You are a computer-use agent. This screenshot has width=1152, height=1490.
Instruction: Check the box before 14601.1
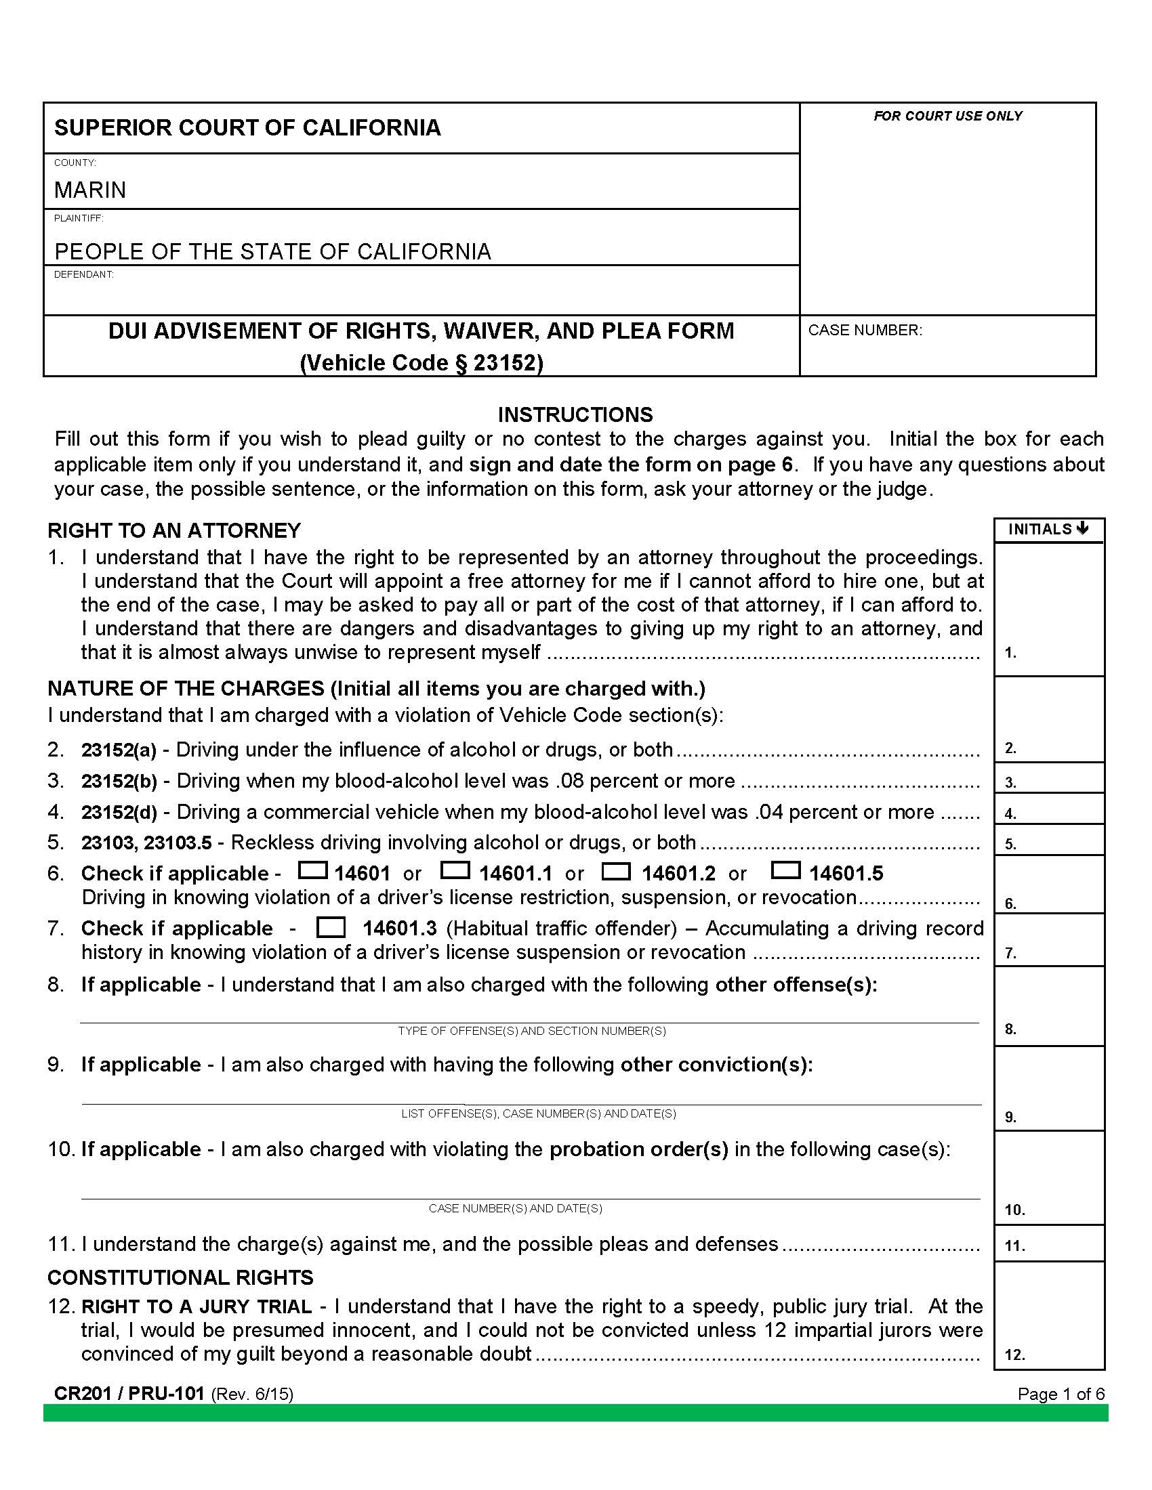click(x=455, y=870)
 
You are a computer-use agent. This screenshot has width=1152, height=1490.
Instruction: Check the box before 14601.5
click(x=785, y=870)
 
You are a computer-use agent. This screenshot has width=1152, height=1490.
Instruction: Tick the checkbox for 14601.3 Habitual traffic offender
click(x=331, y=928)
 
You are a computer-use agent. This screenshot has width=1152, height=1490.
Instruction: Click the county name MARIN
click(x=90, y=190)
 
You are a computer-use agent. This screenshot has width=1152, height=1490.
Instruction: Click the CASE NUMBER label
click(x=865, y=331)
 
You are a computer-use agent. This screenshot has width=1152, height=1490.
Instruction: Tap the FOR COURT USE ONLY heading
click(x=947, y=116)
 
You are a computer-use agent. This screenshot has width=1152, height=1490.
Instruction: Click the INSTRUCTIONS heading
click(x=575, y=414)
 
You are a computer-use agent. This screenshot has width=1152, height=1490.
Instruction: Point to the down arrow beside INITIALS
click(x=1082, y=529)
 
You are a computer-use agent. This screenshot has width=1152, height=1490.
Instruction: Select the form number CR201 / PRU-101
click(x=129, y=1393)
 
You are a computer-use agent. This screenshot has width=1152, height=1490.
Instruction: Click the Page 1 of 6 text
click(x=1061, y=1394)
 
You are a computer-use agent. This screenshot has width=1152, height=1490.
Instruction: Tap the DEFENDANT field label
click(x=84, y=274)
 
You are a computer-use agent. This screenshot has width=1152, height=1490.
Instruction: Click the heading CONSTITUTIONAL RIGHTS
click(x=180, y=1277)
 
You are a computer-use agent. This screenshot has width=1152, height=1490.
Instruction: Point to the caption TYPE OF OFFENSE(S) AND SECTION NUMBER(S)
click(x=532, y=1031)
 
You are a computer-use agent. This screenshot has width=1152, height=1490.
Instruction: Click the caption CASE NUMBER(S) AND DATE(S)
click(x=515, y=1208)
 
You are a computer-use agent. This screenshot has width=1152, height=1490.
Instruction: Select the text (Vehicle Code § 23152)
click(x=421, y=362)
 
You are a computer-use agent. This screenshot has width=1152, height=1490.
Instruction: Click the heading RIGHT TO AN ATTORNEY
click(x=174, y=530)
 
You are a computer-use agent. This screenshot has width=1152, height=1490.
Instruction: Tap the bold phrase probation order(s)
click(x=639, y=1149)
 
